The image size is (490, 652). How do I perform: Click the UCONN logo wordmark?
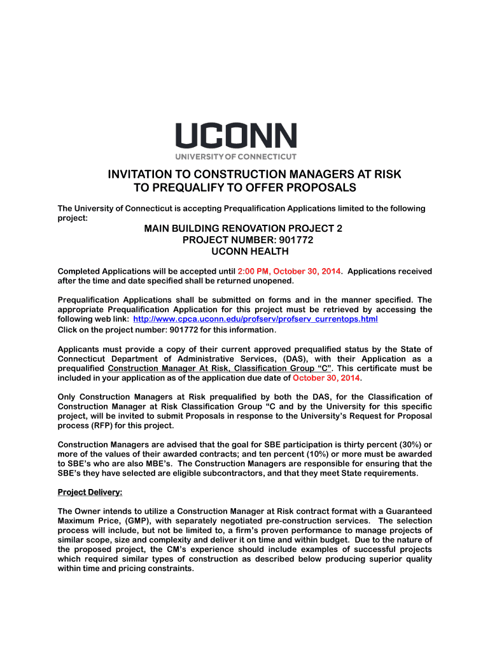[235, 136]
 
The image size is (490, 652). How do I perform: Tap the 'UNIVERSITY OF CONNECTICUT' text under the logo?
[235, 156]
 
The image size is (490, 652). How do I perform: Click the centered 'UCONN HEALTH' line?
[244, 252]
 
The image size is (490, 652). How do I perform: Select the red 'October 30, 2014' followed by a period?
[326, 378]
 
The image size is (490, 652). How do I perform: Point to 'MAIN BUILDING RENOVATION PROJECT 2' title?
[244, 227]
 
